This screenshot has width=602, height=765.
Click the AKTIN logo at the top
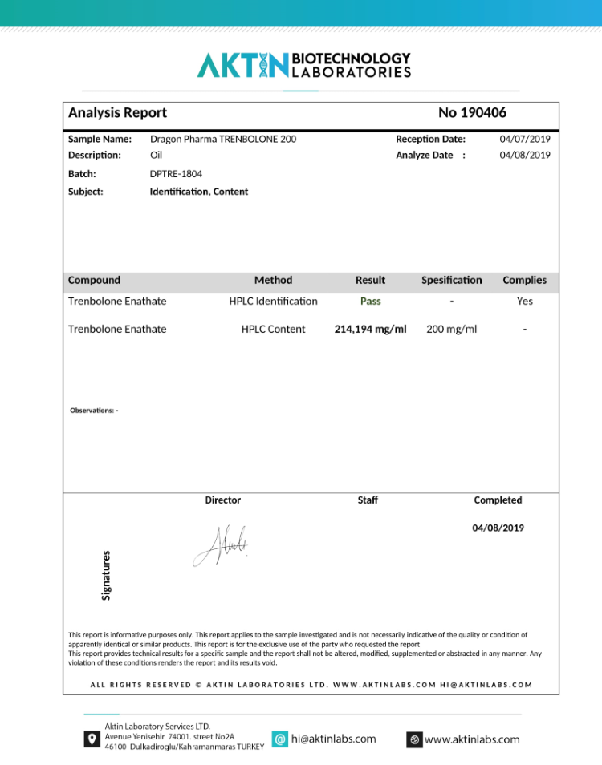point(303,65)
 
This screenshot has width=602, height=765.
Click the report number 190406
point(472,113)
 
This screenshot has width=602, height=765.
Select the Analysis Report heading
point(117,113)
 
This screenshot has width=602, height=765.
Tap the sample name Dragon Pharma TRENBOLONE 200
point(222,139)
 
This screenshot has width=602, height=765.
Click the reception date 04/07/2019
point(525,139)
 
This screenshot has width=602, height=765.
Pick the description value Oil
point(156,155)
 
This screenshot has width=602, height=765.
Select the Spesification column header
point(451,280)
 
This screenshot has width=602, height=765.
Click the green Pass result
point(370,302)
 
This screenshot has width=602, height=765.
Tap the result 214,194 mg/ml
point(370,329)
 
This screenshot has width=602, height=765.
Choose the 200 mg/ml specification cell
point(451,329)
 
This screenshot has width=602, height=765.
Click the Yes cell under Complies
point(524,302)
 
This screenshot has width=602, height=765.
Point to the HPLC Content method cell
point(273,329)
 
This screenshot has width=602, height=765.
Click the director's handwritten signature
point(221,545)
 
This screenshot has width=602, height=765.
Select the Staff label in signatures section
point(368,500)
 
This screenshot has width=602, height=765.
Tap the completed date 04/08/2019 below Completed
point(498,528)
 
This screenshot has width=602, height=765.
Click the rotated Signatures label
point(106,574)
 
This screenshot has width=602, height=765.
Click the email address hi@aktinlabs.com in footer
point(333,739)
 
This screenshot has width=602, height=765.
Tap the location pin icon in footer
point(92,739)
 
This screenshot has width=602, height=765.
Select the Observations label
point(94,411)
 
